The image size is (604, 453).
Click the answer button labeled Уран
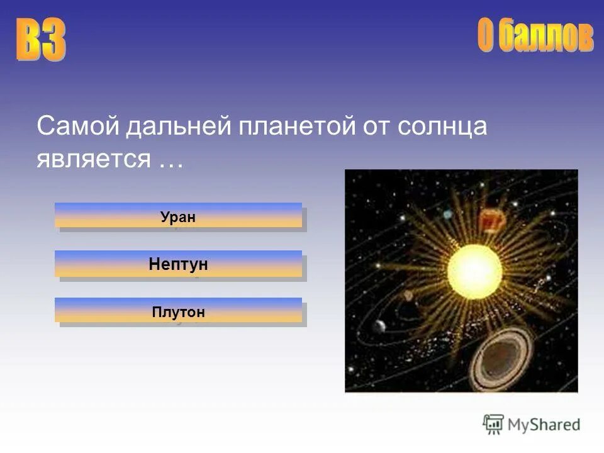pos(178,217)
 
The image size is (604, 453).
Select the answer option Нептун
pos(178,265)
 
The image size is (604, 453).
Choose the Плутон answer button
pos(178,312)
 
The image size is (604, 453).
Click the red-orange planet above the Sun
pos(493,221)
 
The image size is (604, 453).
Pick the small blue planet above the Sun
pos(447,215)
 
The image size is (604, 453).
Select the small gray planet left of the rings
pos(379,325)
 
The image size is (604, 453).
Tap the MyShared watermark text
pos(544,425)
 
